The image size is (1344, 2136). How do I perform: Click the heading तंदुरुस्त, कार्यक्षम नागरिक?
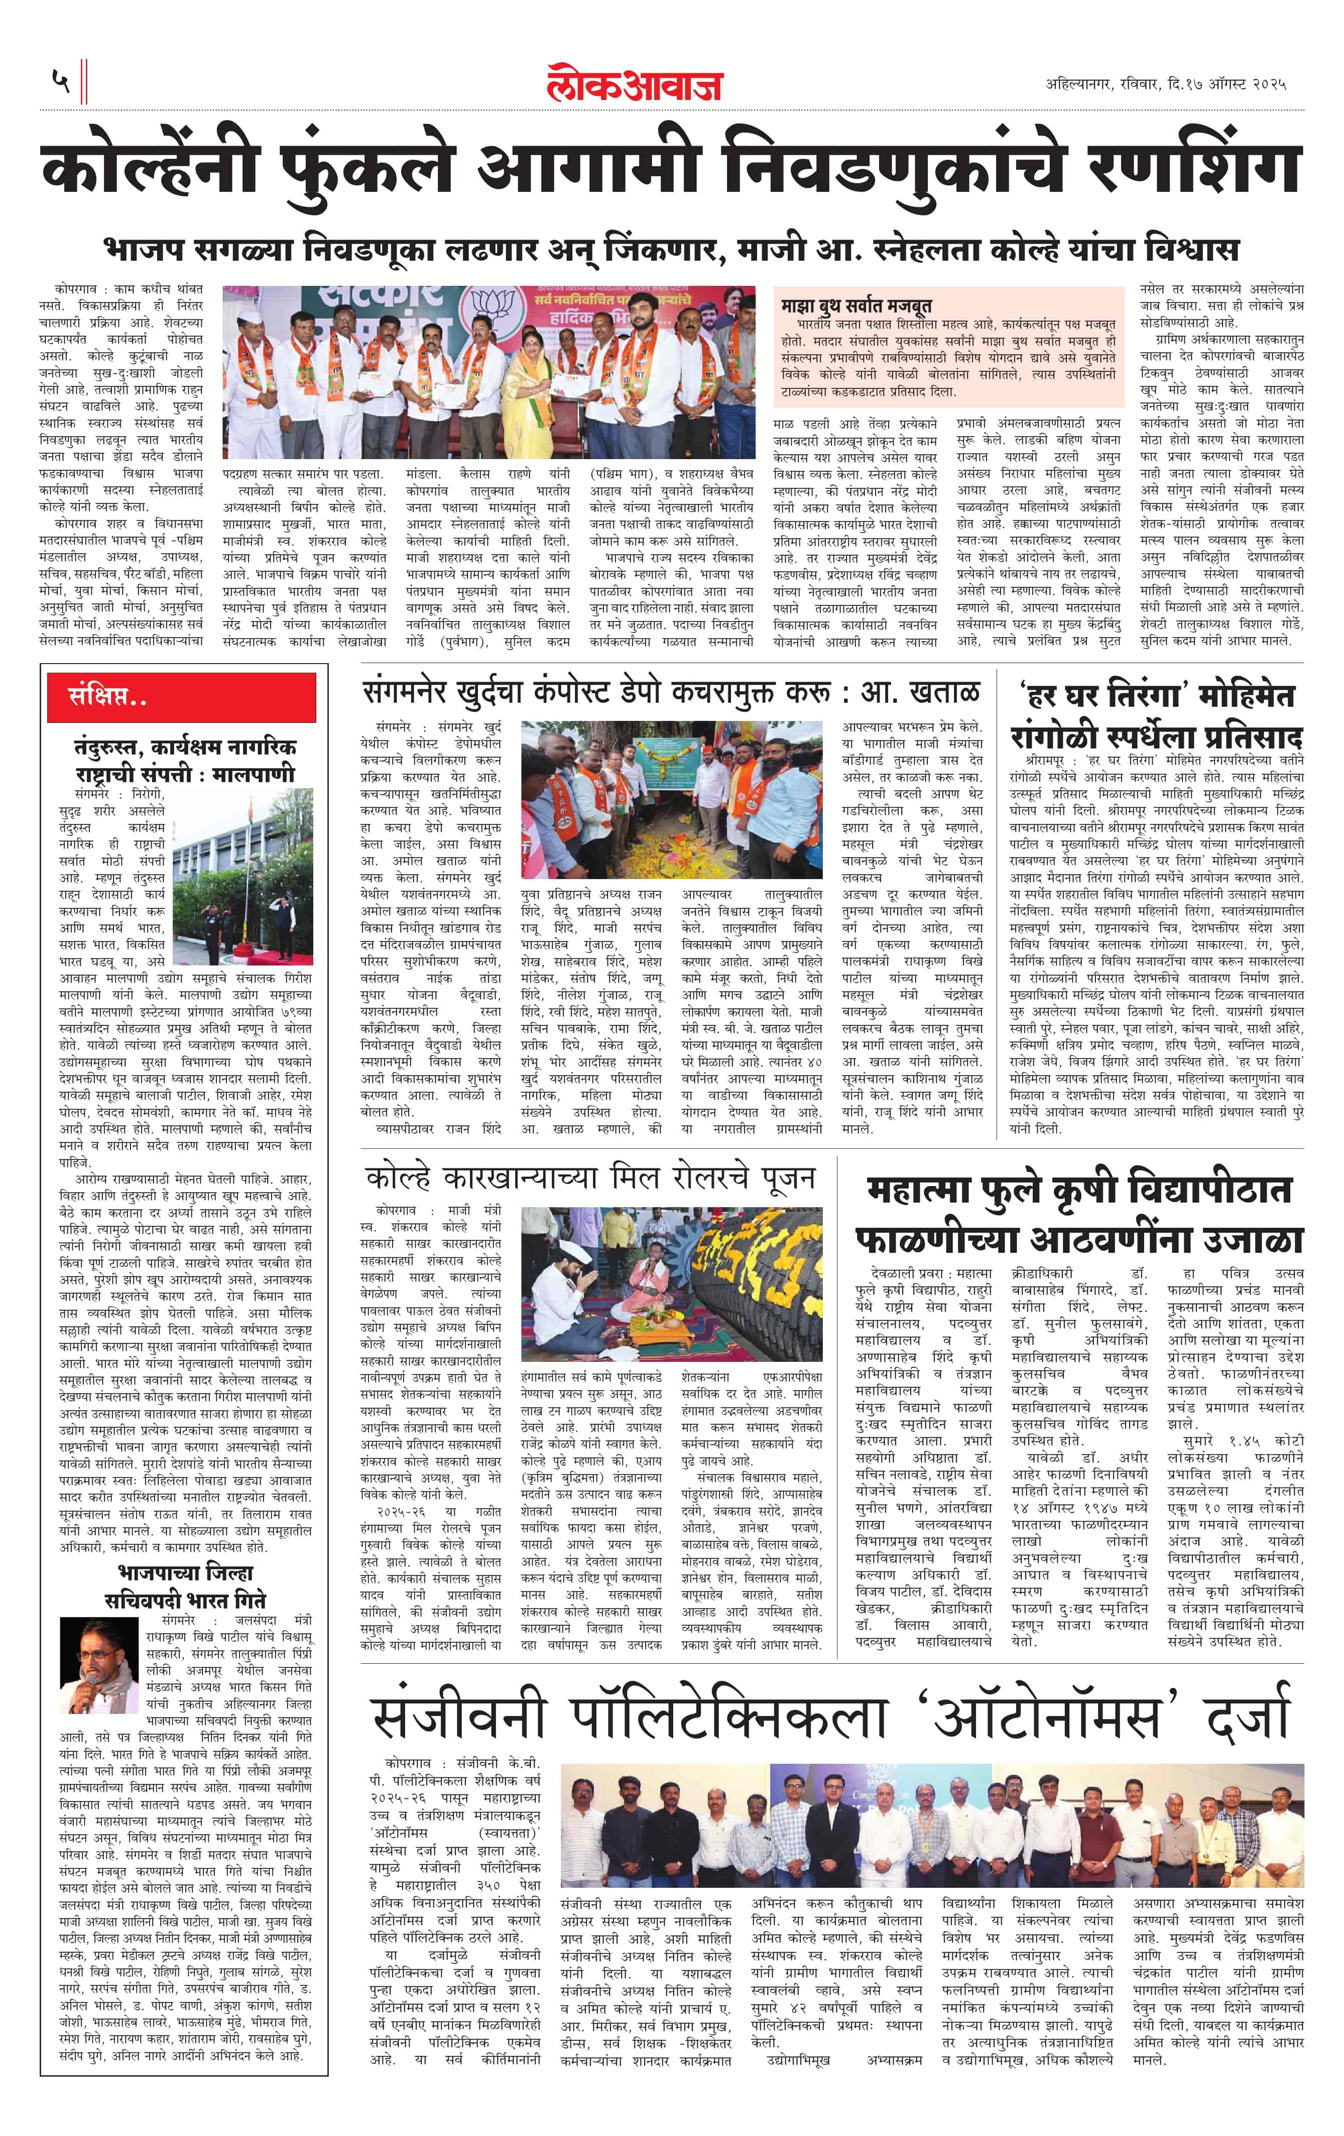(184, 747)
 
